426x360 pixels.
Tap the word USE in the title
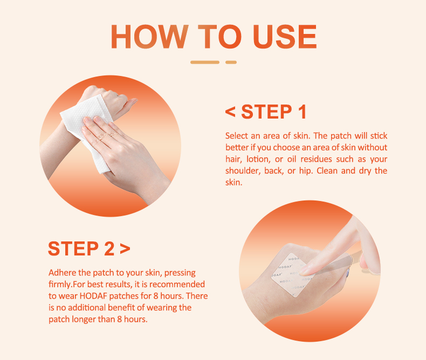(x=285, y=37)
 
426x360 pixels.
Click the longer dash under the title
(x=205, y=63)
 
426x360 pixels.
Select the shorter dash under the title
(x=231, y=63)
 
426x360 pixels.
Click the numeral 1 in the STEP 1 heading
(x=302, y=112)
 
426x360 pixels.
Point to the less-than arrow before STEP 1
(x=230, y=112)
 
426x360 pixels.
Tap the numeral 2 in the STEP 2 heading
(x=109, y=248)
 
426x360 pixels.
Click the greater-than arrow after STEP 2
(x=125, y=248)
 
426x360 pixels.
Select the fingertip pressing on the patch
(x=305, y=269)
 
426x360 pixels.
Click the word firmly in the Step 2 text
(x=60, y=284)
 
